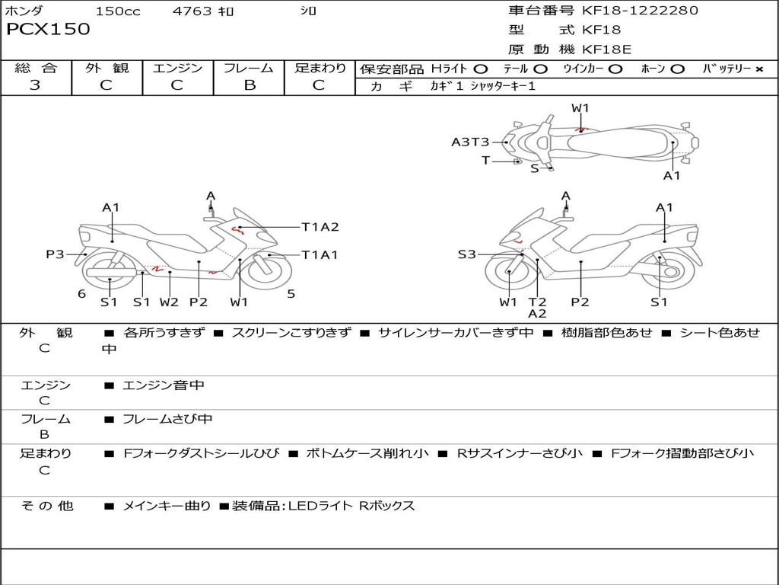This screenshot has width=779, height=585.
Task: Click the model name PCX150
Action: click(x=48, y=30)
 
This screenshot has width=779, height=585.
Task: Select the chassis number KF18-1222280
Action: click(x=640, y=11)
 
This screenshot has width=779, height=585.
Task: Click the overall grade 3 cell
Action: click(x=35, y=85)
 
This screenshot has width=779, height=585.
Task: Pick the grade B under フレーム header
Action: click(x=249, y=85)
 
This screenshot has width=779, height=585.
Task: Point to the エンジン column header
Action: click(x=177, y=68)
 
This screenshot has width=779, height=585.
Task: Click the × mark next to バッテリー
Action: click(x=758, y=69)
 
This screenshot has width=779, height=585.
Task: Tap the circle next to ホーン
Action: click(x=678, y=69)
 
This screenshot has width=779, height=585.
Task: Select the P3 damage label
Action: click(x=55, y=254)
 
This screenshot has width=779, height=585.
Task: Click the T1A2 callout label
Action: click(x=320, y=227)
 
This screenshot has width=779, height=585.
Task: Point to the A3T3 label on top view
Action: click(x=470, y=142)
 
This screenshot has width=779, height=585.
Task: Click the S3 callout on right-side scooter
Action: click(x=466, y=254)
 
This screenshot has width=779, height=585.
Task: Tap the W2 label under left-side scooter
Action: click(x=169, y=302)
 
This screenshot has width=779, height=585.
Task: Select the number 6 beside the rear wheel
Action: click(x=81, y=294)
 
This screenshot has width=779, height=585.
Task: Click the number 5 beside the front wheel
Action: click(x=291, y=293)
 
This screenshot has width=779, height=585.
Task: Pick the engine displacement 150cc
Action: click(x=118, y=11)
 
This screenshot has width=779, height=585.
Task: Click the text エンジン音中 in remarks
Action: click(x=164, y=385)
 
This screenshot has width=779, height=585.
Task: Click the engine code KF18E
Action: click(x=607, y=50)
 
